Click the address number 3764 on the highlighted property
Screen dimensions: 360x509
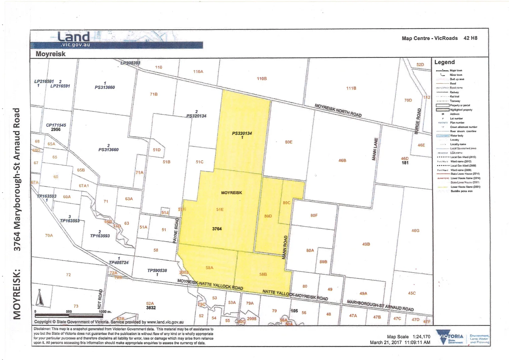(x=217, y=229)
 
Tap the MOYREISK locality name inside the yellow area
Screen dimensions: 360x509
(x=231, y=193)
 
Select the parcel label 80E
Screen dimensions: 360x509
(x=289, y=142)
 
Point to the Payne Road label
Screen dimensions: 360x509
(x=176, y=230)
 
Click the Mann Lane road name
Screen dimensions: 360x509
(x=375, y=149)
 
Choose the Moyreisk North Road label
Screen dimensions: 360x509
(x=338, y=110)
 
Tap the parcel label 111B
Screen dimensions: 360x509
(x=351, y=88)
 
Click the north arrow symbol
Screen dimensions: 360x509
(x=40, y=297)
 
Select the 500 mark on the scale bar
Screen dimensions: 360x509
(x=69, y=312)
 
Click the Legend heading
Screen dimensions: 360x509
(x=444, y=62)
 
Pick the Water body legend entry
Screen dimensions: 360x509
(x=457, y=136)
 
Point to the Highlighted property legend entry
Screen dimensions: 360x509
(x=461, y=110)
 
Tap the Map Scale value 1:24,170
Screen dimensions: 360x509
(x=421, y=337)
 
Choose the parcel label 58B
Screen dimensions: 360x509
(x=263, y=274)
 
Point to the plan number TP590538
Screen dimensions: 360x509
(x=157, y=270)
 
